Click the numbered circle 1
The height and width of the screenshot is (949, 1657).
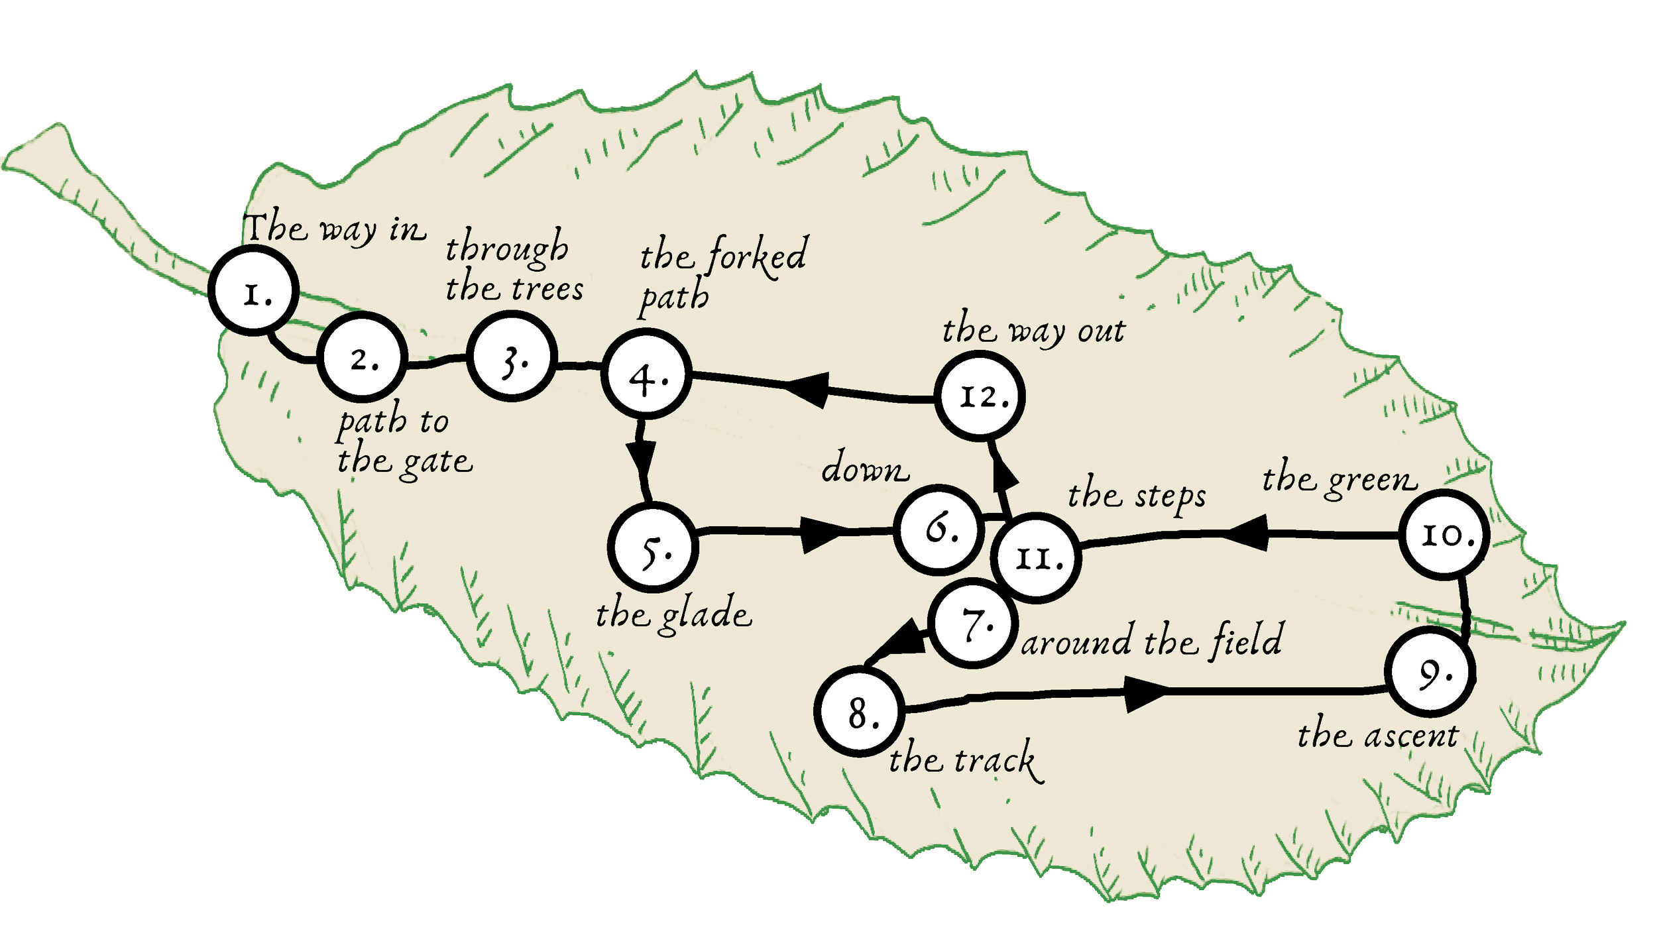[253, 290]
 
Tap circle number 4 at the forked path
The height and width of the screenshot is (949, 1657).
[646, 375]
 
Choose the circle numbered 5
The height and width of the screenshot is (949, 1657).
[653, 547]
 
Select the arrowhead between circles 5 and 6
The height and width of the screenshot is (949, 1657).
[822, 534]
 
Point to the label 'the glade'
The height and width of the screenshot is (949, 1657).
[673, 615]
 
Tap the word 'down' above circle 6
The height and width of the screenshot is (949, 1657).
[865, 469]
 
